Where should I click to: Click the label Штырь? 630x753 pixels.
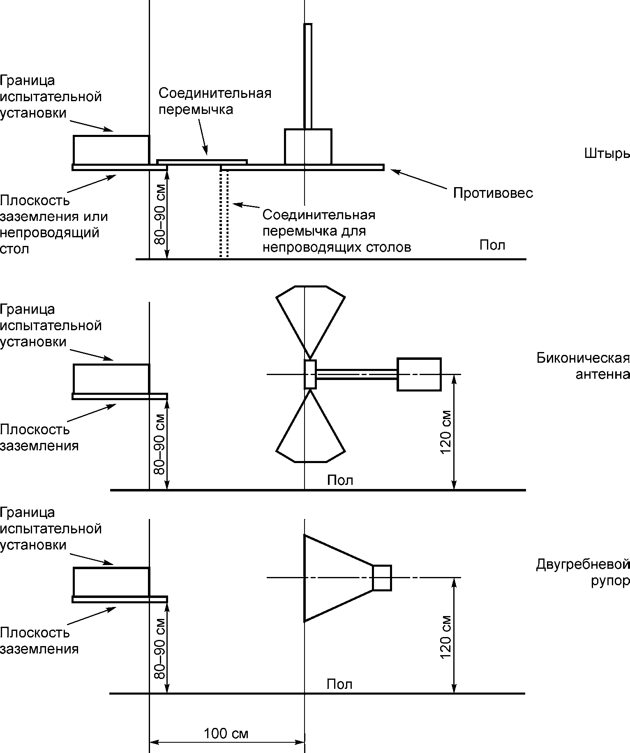click(607, 153)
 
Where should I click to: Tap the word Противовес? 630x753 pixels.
click(493, 193)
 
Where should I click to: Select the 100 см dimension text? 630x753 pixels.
click(226, 733)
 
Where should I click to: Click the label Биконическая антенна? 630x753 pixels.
click(583, 366)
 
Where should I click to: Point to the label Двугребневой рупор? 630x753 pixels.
click(583, 572)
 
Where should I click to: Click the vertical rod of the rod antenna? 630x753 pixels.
click(308, 76)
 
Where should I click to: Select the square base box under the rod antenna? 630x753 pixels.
click(308, 147)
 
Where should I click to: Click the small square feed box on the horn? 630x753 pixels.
click(382, 578)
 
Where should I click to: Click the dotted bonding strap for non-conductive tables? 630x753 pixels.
click(224, 214)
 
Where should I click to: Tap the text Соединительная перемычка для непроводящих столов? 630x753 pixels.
click(337, 231)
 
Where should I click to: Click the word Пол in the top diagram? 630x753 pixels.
click(492, 245)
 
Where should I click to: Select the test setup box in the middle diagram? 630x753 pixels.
click(111, 379)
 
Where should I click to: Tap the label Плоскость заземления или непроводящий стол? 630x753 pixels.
click(54, 225)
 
